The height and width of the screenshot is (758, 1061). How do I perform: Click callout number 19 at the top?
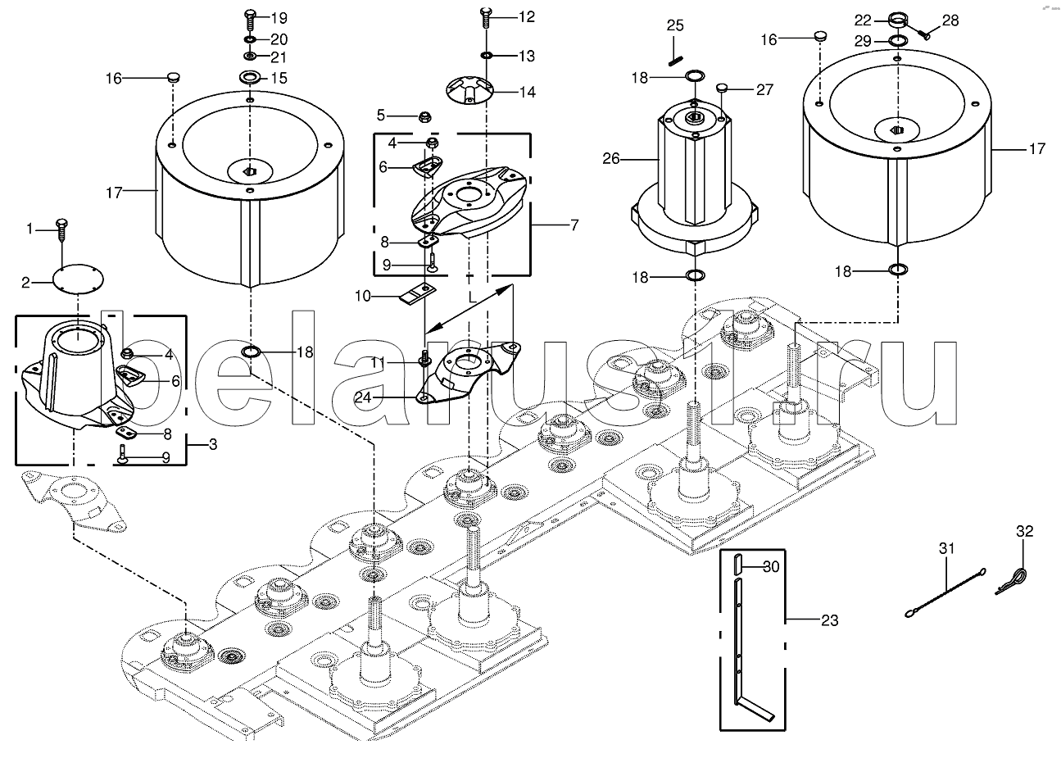[x=279, y=18]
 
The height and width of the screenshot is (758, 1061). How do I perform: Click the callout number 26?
[x=610, y=158]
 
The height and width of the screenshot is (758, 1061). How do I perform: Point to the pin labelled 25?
[x=675, y=60]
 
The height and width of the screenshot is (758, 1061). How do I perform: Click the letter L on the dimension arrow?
[x=472, y=297]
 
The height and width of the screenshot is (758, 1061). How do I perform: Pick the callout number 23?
[x=829, y=620]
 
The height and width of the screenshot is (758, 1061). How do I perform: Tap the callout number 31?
[x=946, y=548]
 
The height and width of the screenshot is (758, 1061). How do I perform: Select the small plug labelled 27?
[x=722, y=88]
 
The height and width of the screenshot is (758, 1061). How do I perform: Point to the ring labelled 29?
[x=898, y=41]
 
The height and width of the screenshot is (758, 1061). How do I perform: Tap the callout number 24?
[x=363, y=397]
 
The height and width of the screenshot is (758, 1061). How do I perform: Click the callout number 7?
[x=574, y=225]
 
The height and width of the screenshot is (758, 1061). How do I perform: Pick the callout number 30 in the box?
[x=771, y=566]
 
